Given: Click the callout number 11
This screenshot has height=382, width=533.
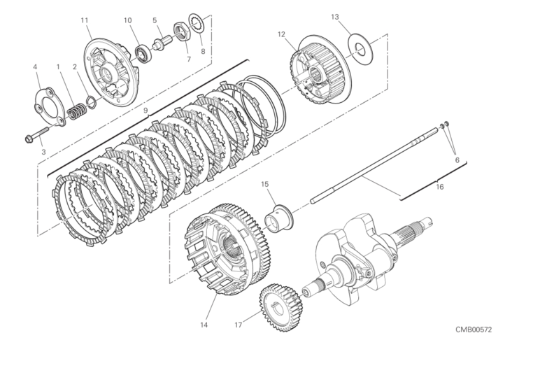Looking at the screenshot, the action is click(85, 20).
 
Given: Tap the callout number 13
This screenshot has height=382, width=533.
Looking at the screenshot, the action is click(335, 17).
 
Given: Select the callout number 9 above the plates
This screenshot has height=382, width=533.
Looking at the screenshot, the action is click(145, 111).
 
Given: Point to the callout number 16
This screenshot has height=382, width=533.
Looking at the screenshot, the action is click(440, 187).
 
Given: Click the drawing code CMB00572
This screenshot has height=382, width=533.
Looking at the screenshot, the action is click(474, 330).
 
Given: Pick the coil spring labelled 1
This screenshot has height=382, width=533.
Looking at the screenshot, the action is click(76, 111).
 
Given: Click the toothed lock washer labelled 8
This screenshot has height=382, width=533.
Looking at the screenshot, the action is click(197, 24).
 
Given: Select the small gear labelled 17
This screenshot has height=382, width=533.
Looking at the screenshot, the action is click(280, 307).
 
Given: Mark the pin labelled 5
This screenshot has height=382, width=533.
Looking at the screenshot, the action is click(162, 43).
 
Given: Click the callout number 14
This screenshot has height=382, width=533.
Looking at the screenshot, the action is click(204, 325).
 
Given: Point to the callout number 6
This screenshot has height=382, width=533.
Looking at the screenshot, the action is click(457, 160).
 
